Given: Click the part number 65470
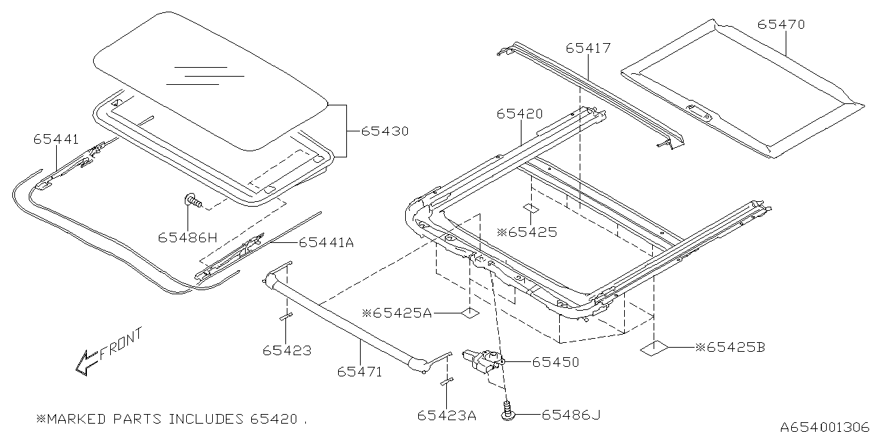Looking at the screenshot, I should point(781,25).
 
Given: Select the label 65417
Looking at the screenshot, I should point(588,48).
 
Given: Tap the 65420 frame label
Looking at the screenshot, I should point(519,114).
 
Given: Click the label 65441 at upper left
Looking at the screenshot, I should point(56,138).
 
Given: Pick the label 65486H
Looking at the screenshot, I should point(187,237).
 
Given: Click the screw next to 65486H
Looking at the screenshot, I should point(192,201).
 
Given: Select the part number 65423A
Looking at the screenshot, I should point(446,415).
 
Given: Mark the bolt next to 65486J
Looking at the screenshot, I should point(507,412).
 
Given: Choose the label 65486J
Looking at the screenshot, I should point(571,414).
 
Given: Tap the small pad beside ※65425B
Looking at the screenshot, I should point(652,348).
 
